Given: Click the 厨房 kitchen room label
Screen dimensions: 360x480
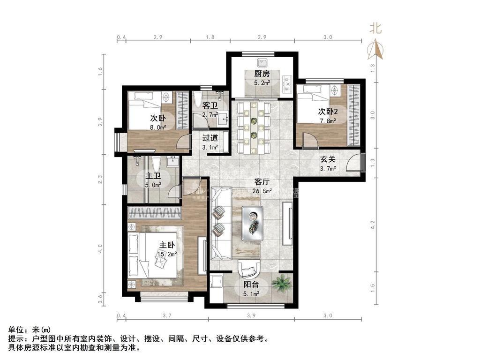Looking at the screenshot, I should (x=262, y=74).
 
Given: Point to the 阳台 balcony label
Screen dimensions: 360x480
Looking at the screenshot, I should (x=250, y=285).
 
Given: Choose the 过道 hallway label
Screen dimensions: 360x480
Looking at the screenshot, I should (x=210, y=138).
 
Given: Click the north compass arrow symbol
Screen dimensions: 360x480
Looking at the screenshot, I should (x=377, y=49).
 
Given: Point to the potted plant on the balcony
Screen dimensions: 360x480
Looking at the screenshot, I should (x=282, y=283).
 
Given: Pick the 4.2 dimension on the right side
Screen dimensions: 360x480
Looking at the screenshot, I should (x=373, y=225).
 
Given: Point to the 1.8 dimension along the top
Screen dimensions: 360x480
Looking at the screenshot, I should (x=210, y=37).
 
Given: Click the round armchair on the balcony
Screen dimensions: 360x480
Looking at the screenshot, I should (x=251, y=269).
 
